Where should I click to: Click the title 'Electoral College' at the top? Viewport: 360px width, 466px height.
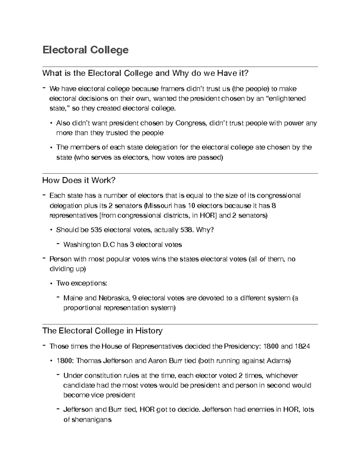[x=85, y=50]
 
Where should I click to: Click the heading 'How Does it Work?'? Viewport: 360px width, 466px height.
[x=79, y=180]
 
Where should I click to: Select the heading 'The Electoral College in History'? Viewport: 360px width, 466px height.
[x=103, y=331]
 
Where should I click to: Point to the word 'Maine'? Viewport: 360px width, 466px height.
[x=73, y=298]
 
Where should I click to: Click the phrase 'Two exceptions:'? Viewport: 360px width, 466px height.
[x=82, y=283]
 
